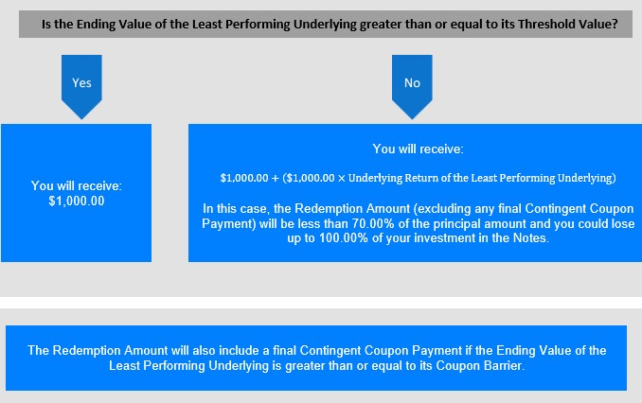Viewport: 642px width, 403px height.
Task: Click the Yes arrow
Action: point(81,87)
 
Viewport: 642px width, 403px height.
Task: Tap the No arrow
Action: point(412,87)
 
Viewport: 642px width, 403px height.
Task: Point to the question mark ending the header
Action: point(615,25)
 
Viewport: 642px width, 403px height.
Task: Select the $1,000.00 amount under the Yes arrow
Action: point(77,201)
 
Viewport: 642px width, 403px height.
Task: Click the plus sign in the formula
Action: point(275,179)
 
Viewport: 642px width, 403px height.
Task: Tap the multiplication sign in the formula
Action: point(342,179)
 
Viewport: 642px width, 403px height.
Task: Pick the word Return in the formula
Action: point(421,178)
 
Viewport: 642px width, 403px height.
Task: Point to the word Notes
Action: point(530,238)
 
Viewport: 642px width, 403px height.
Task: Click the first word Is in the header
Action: point(46,25)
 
